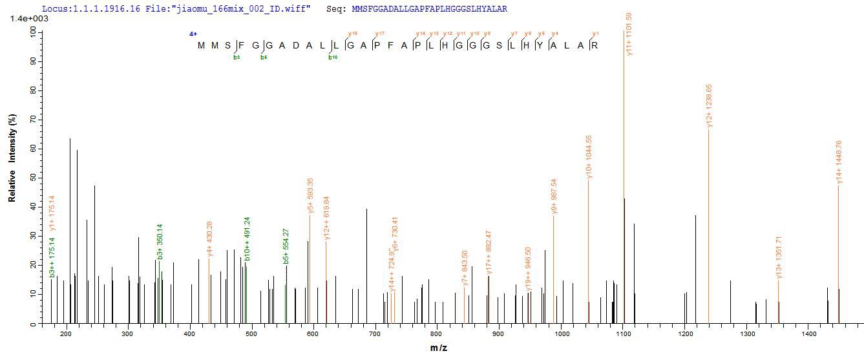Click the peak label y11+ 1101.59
pos(629,34)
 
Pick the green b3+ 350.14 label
pos(160,241)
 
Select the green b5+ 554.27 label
pos(286,246)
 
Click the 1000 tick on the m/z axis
pos(562,334)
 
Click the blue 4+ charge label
pos(193,34)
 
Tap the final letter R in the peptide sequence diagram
pos(595,45)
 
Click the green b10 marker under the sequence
pos(333,58)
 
